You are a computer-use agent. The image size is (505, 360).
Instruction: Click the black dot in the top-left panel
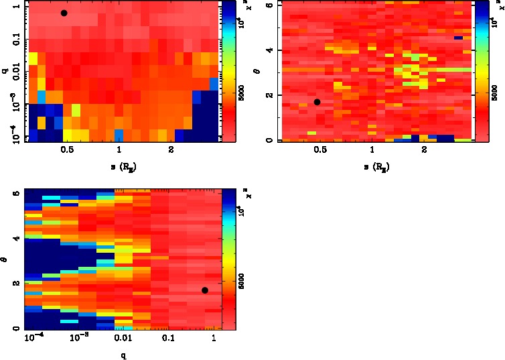64,13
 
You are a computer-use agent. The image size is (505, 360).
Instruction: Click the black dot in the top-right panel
317,102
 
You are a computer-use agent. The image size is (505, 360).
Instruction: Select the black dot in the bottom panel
205,290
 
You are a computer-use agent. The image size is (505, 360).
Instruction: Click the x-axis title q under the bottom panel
124,355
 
